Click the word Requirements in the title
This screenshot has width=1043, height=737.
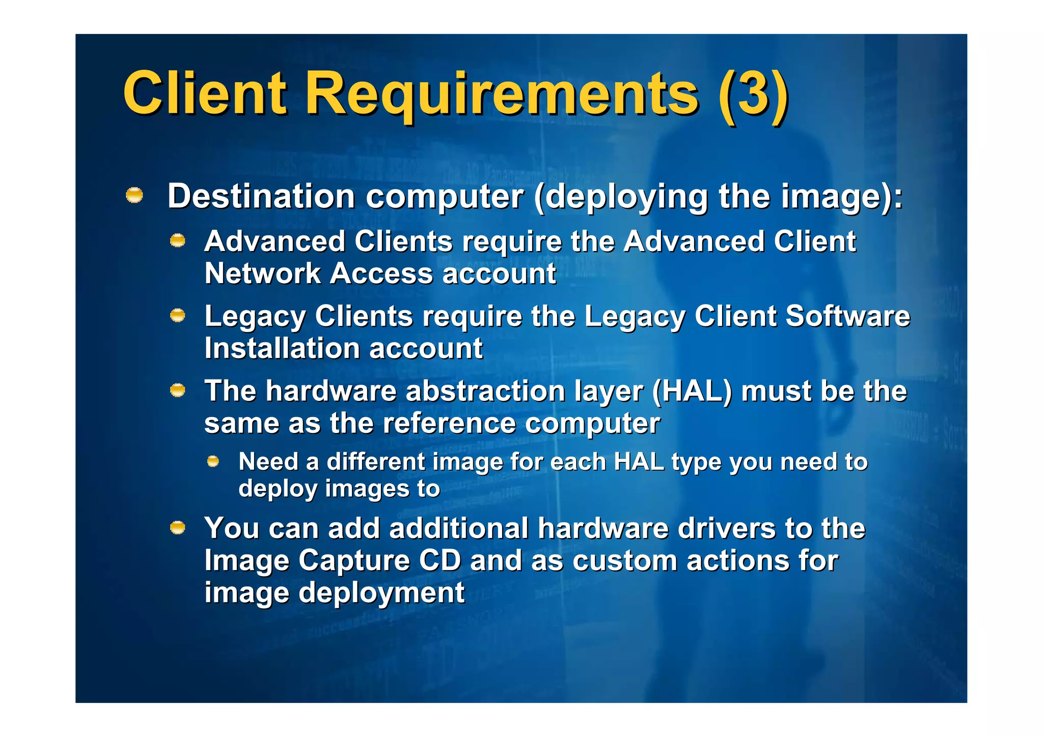(501, 94)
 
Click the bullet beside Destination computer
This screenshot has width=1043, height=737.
(134, 195)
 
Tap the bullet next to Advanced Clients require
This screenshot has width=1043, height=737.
(177, 240)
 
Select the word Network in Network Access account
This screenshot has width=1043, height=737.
(262, 274)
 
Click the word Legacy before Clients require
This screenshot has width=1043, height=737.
(255, 317)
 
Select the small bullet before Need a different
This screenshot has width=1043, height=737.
(213, 461)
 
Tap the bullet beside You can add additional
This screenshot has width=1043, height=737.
(177, 528)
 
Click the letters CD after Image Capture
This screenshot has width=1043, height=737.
(440, 561)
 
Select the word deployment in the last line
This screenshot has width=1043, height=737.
(381, 593)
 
